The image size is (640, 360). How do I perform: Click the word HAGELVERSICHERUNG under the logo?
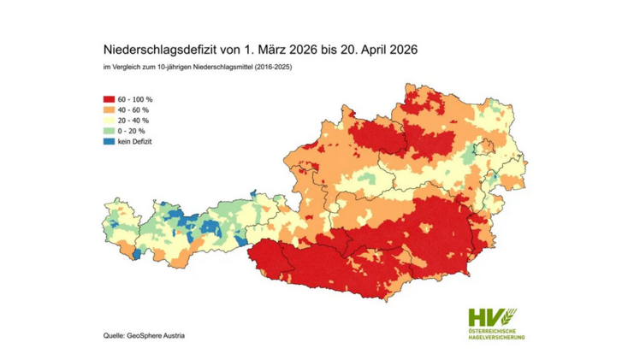(497, 337)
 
